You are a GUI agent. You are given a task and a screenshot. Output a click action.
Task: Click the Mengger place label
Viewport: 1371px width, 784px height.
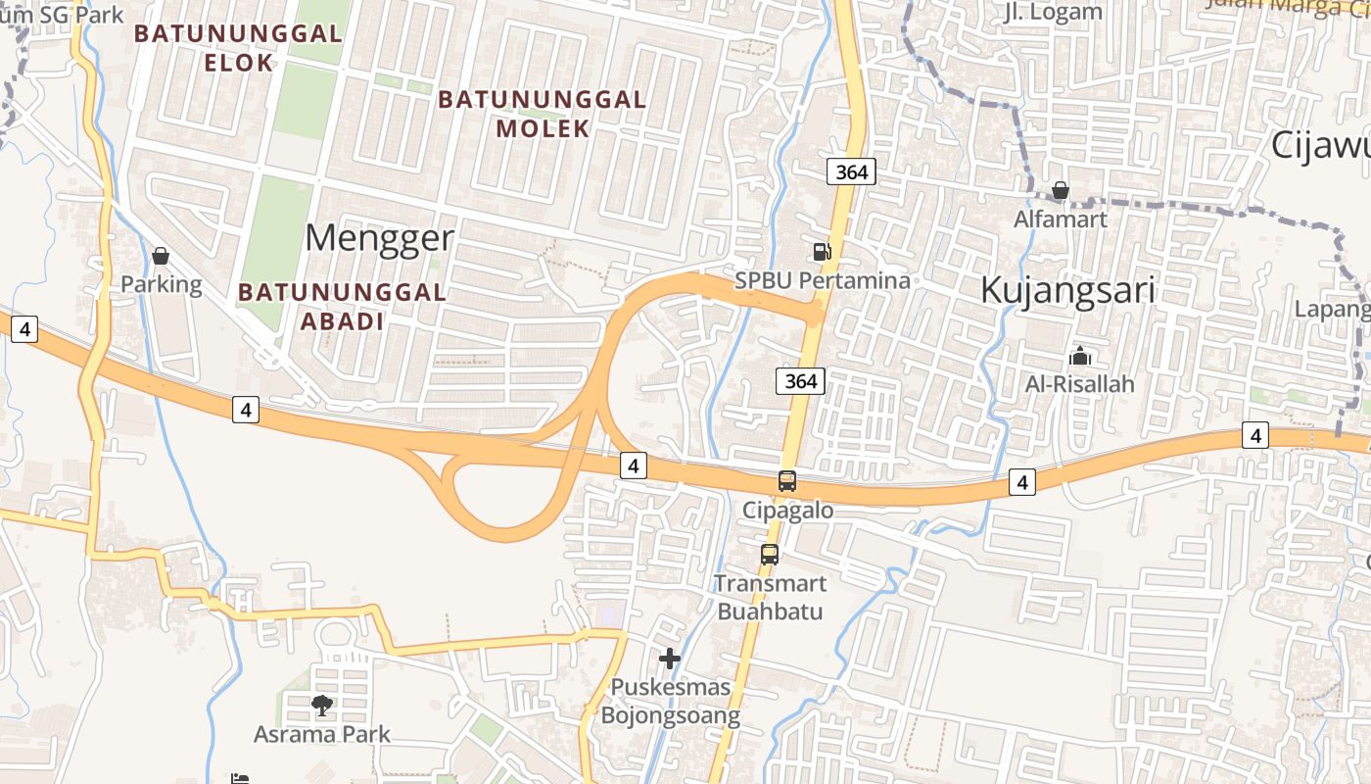tap(380, 238)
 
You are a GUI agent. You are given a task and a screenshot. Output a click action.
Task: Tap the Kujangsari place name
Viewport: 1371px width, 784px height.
tap(1067, 291)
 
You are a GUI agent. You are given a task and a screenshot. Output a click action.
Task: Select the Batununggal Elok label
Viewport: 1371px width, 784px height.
tap(238, 48)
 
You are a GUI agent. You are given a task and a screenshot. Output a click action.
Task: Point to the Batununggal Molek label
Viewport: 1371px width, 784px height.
tap(543, 114)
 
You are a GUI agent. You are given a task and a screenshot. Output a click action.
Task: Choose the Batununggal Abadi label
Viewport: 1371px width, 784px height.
tap(342, 306)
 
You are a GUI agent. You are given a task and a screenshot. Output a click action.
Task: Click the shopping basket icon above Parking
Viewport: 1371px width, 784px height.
tap(161, 257)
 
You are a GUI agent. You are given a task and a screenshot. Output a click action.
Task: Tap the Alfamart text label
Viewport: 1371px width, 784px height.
tap(1061, 219)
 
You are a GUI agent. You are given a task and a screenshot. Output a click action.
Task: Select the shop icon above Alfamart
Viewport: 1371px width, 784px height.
tap(1061, 190)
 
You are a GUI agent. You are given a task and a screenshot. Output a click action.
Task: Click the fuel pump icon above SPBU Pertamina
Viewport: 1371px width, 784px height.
tap(823, 252)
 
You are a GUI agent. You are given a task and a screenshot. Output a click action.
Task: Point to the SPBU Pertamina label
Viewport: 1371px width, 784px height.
tap(823, 280)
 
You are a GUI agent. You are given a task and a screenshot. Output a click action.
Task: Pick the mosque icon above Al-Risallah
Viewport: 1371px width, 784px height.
tap(1080, 356)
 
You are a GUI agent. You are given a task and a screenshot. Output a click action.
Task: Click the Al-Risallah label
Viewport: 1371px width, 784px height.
tap(1080, 384)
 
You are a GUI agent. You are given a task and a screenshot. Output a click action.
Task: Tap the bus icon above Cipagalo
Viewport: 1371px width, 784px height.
tap(787, 481)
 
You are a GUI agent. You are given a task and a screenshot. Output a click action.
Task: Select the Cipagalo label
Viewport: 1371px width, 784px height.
tap(787, 510)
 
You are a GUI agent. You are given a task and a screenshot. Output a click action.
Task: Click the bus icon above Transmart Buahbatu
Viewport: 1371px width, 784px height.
tap(770, 555)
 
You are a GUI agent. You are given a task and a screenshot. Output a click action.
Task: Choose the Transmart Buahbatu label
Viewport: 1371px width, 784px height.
tap(770, 597)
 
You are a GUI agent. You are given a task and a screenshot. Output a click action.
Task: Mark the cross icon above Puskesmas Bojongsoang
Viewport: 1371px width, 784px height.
tap(670, 659)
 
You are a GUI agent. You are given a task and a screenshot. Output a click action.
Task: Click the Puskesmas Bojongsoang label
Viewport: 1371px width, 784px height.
tap(670, 701)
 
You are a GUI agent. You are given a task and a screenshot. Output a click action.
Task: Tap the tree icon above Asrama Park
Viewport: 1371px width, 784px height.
tap(321, 705)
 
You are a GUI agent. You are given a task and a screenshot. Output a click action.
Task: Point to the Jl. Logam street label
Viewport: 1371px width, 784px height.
tap(1054, 12)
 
